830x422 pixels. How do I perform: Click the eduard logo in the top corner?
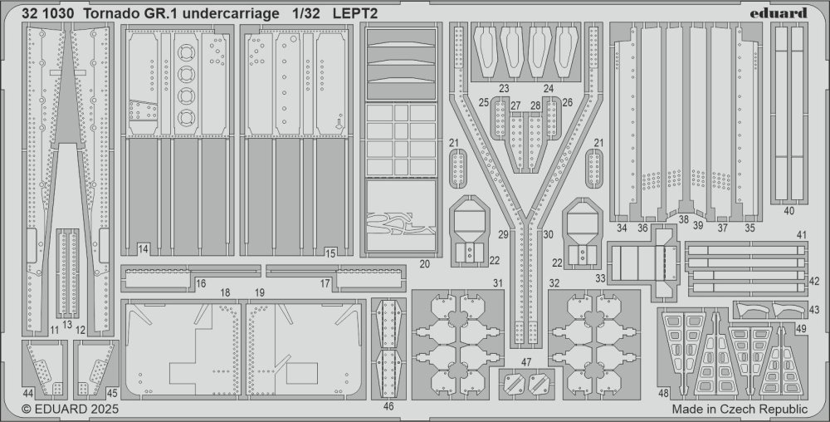coord(778,12)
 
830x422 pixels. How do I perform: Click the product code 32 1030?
coord(45,14)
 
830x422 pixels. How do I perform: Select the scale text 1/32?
coord(305,14)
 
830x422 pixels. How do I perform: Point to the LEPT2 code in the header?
coord(355,14)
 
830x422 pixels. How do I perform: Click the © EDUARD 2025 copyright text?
coord(70,410)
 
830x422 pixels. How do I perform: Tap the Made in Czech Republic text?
coord(740,410)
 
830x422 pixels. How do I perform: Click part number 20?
coord(424,263)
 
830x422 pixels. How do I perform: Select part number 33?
coord(600,277)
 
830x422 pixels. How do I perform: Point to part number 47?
coord(525,362)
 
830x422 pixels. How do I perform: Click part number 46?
coord(388,407)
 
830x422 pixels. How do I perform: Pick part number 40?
coord(788,211)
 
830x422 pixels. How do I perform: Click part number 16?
coord(201,284)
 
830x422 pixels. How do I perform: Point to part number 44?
coord(28,394)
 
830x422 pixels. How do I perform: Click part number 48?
coord(664,394)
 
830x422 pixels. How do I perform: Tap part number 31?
coord(497,283)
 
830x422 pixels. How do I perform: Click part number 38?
coord(683,218)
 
